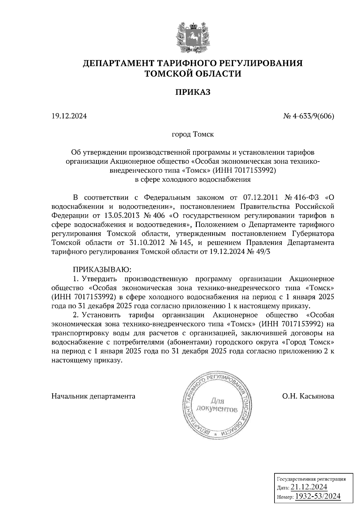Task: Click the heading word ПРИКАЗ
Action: (193, 92)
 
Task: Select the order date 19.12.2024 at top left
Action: (69, 116)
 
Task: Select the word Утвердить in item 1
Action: (99, 279)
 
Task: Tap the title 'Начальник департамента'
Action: (93, 396)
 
